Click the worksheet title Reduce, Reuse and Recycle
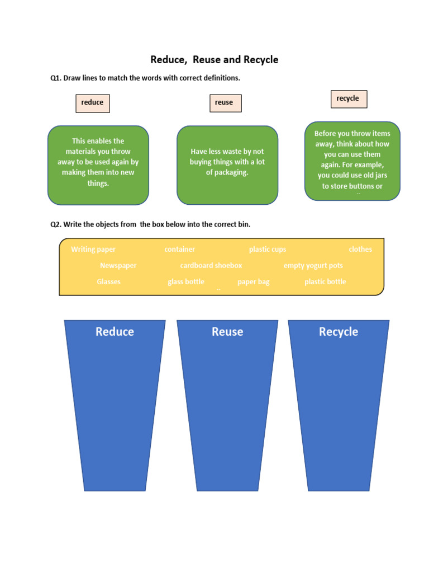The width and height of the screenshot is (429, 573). click(214, 59)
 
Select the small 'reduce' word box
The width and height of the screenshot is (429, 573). click(93, 103)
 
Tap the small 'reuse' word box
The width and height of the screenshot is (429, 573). click(224, 103)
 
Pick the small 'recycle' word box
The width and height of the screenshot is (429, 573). click(348, 99)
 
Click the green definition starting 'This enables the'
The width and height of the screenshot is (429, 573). click(98, 162)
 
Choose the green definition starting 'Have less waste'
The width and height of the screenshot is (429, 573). click(227, 162)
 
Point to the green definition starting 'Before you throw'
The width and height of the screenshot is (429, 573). click(352, 160)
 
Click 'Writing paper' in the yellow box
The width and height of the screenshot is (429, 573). click(93, 250)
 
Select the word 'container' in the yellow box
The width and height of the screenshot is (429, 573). click(180, 250)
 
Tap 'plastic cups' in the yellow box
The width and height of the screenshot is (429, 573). click(268, 250)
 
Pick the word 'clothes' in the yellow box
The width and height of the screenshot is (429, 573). click(360, 250)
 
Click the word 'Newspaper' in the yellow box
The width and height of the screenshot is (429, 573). click(118, 266)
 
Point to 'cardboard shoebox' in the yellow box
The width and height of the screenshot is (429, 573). click(211, 266)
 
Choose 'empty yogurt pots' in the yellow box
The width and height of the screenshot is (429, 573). click(313, 266)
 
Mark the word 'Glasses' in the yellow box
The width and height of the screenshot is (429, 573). click(108, 282)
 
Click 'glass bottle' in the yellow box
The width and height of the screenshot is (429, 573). click(186, 282)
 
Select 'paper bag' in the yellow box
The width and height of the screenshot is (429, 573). click(254, 282)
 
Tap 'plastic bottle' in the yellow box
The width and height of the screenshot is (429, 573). click(325, 282)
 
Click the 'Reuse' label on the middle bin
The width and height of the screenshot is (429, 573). click(227, 332)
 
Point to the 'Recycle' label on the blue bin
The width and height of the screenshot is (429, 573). click(339, 332)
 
